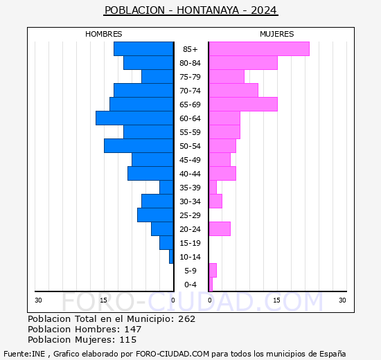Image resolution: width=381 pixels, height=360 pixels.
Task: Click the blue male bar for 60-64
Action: tap(134, 118)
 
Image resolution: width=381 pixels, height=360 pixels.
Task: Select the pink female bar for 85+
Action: tap(259, 49)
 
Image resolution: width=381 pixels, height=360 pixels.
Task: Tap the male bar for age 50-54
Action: tap(139, 146)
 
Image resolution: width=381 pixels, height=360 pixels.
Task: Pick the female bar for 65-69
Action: tap(243, 105)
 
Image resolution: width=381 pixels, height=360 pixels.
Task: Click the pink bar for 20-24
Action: tap(220, 229)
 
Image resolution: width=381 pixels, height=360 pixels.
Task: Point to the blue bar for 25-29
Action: tap(155, 215)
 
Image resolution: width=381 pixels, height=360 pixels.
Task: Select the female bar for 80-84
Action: tap(243, 63)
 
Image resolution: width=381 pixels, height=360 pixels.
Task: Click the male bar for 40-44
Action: tap(150, 174)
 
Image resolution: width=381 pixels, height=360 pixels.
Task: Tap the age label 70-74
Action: tap(190, 91)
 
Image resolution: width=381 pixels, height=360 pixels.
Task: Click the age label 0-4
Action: tap(190, 285)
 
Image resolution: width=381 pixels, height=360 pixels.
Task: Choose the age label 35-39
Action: tap(190, 188)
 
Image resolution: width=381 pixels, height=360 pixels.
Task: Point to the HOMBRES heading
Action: tap(104, 34)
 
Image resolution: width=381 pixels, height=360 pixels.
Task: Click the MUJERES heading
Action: tap(277, 34)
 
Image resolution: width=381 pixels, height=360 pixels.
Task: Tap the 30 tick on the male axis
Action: tap(39, 300)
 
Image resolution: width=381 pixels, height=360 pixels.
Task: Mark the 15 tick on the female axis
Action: tap(276, 300)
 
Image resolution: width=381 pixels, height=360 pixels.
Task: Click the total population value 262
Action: tap(186, 319)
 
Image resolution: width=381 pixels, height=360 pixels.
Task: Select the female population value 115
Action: tap(127, 340)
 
